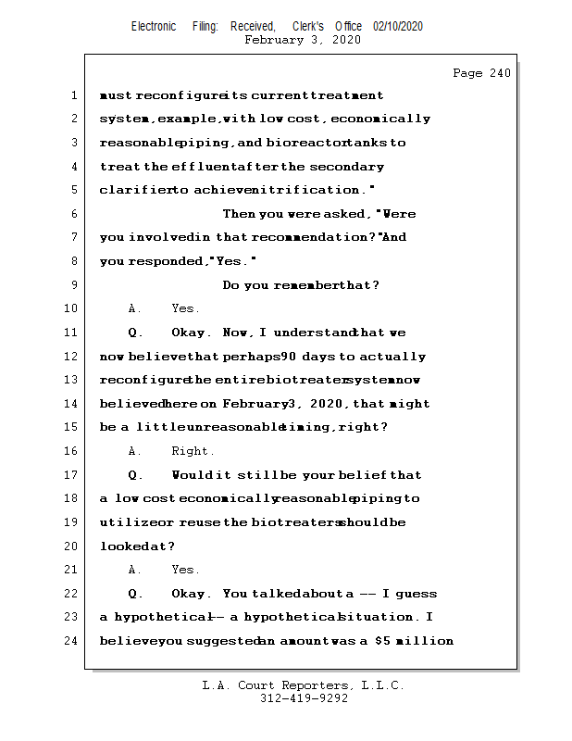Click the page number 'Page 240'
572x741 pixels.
[x=481, y=73]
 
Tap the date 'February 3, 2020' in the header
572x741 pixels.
[x=302, y=40]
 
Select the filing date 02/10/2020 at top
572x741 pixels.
[x=398, y=26]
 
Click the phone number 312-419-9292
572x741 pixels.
[x=304, y=699]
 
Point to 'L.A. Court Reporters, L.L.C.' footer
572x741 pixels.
[x=304, y=685]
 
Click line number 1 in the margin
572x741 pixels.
[x=73, y=95]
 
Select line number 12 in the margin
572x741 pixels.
[x=71, y=357]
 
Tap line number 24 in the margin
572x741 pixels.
[x=71, y=641]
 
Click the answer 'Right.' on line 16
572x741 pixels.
[x=193, y=451]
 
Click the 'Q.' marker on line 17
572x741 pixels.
[x=135, y=475]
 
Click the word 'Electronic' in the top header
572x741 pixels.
[x=154, y=26]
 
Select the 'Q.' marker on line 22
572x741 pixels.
[x=135, y=594]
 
